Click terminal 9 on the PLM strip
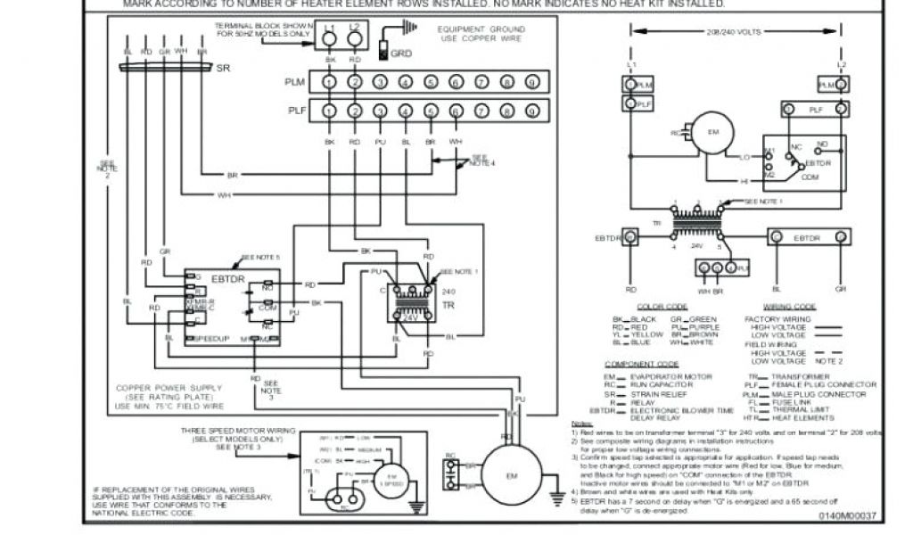531,83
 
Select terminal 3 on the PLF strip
380,111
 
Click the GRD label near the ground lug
401,53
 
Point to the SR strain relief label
223,67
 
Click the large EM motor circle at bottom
511,475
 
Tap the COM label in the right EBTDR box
810,177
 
